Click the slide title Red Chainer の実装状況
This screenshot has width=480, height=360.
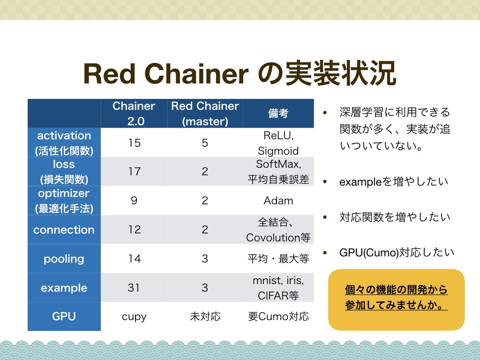click(240, 74)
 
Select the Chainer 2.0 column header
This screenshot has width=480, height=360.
click(134, 113)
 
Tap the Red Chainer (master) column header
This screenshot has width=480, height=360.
click(205, 113)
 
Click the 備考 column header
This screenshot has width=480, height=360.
click(278, 113)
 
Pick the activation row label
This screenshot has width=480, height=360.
click(64, 143)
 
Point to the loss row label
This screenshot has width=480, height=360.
click(64, 172)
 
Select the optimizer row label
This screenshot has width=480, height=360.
click(64, 201)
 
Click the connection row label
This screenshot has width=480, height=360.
click(64, 230)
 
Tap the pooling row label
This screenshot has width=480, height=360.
click(64, 259)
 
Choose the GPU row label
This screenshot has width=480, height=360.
click(64, 316)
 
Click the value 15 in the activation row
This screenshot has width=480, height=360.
click(135, 142)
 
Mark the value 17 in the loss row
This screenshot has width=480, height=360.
click(135, 172)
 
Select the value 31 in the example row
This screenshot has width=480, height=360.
click(134, 287)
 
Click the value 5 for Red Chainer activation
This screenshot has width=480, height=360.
click(205, 142)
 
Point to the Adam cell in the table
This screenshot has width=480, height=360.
click(278, 201)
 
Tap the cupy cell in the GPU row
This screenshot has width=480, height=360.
click(134, 317)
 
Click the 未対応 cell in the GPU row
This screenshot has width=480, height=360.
click(205, 316)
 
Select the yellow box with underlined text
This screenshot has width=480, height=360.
click(397, 300)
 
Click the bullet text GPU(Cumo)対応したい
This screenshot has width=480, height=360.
click(397, 253)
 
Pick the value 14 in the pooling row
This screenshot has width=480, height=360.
click(135, 259)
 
